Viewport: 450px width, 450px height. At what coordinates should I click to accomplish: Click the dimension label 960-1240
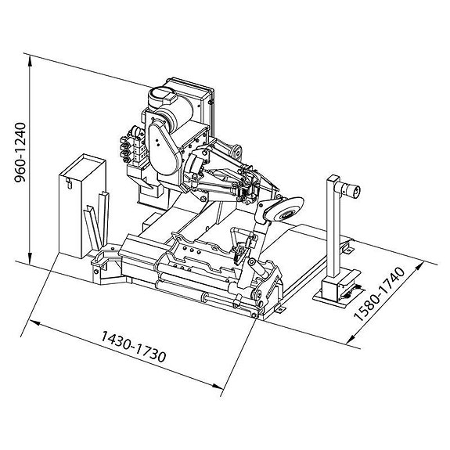(20, 153)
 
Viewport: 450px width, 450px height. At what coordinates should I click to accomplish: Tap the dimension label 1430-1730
(134, 347)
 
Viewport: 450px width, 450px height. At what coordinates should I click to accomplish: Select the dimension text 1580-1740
(380, 293)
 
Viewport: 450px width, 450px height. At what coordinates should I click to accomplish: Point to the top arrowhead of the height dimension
(30, 60)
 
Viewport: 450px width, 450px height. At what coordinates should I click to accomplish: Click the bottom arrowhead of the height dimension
(30, 257)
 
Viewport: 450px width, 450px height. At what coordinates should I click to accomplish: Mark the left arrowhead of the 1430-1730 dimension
(34, 323)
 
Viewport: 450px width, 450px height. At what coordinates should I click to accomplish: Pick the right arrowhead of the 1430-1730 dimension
(218, 386)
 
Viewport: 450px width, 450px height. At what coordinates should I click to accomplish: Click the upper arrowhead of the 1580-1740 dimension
(419, 267)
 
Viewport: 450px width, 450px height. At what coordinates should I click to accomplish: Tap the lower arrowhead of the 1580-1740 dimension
(351, 339)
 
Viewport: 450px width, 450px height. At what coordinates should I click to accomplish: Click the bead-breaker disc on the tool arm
(286, 209)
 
